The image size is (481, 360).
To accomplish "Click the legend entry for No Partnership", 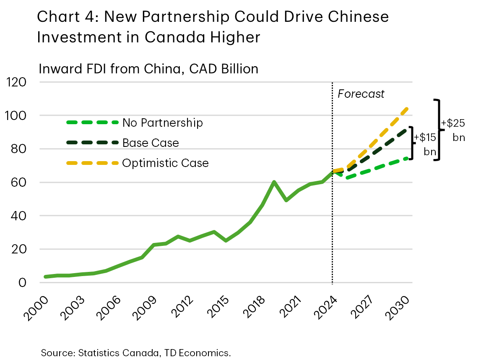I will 162,123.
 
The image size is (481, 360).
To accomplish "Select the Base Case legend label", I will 151,143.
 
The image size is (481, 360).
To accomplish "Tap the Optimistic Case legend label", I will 165,163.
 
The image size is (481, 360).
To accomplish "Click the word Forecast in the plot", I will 361,94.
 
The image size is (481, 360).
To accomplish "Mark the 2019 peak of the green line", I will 273,182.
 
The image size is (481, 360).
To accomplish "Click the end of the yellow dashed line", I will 407,109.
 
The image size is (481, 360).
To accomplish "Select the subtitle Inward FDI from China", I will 148,68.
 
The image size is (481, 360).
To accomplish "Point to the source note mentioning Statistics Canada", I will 136,352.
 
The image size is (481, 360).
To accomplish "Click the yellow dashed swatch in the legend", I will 92,163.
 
